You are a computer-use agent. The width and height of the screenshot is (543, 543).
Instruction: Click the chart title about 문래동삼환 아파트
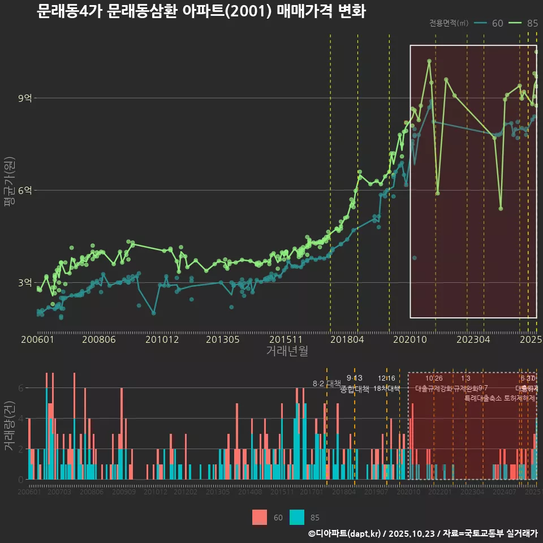pos(201,11)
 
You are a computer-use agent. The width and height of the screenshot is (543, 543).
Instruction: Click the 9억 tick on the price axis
pos(24,98)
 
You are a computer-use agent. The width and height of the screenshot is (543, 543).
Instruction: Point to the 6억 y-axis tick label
pos(24,191)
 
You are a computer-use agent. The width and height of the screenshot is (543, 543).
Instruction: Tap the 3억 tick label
pos(24,283)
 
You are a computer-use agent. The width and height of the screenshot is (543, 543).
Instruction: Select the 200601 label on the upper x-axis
pos(37,340)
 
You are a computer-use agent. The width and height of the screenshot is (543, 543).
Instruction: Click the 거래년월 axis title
pos(287,351)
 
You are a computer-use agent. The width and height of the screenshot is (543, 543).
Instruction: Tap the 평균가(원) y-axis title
pos(9,191)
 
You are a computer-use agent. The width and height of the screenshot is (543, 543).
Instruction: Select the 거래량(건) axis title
pos(9,426)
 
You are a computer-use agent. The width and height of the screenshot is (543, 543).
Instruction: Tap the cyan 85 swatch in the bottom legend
pos(297,517)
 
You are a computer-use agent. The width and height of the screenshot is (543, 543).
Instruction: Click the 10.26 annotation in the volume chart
pos(434,378)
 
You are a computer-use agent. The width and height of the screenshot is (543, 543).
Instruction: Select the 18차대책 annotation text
pos(387,389)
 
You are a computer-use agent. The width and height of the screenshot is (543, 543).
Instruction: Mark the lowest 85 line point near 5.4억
pos(501,209)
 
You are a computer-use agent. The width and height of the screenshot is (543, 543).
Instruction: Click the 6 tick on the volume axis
pos(20,388)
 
